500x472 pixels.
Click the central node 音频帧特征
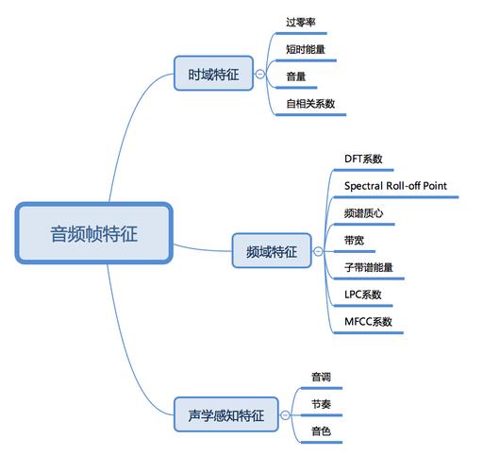pos(93,233)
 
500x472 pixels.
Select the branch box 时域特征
pos(213,73)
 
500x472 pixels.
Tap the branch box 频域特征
pos(271,251)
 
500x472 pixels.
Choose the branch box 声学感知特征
pos(226,413)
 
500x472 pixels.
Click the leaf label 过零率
pos(301,21)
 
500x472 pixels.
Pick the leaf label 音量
pos(296,76)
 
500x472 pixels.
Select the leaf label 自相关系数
pos(311,104)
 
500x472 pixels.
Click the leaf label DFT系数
pos(363,159)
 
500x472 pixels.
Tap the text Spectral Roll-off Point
pos(395,186)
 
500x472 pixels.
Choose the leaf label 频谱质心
pos(363,213)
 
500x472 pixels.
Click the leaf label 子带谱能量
pos(368,267)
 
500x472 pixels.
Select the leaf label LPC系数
pos(363,295)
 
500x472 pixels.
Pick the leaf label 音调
pos(321,377)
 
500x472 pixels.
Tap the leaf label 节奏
pos(321,404)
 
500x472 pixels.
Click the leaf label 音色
pos(321,431)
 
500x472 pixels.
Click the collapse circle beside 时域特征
pos(260,73)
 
